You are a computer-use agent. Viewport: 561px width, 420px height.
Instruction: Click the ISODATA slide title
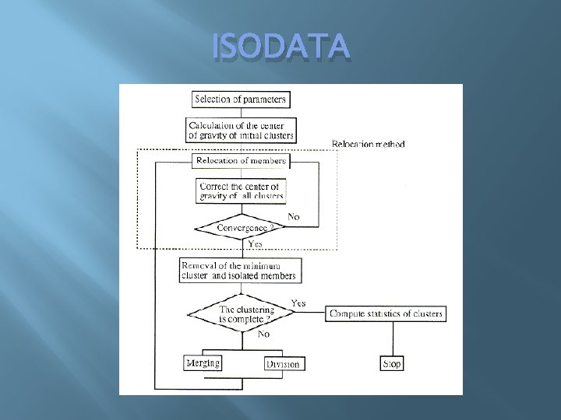click(281, 49)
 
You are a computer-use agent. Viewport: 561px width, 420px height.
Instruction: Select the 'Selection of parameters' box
click(241, 100)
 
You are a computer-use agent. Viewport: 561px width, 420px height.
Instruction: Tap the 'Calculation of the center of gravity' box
click(241, 130)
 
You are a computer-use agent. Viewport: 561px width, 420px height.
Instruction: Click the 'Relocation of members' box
click(241, 161)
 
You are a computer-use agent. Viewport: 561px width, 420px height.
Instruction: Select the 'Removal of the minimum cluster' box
click(238, 270)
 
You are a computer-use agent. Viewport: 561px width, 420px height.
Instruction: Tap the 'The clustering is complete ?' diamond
click(241, 314)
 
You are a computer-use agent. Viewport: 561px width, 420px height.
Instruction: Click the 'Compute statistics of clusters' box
click(386, 314)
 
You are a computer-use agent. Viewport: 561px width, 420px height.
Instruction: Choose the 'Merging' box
click(203, 363)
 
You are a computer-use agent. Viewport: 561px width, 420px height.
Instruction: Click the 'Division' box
click(283, 364)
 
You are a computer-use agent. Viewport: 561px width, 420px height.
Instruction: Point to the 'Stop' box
click(392, 363)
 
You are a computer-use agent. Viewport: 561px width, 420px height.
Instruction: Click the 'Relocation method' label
click(368, 144)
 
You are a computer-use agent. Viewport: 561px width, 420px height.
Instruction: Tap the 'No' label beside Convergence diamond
click(294, 215)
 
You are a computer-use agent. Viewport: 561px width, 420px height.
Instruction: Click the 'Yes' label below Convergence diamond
click(255, 243)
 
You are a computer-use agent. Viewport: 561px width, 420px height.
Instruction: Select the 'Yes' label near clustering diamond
click(298, 302)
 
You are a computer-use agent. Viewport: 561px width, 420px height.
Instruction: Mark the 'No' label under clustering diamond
click(264, 333)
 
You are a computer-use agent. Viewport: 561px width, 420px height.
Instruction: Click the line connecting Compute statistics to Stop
click(392, 338)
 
